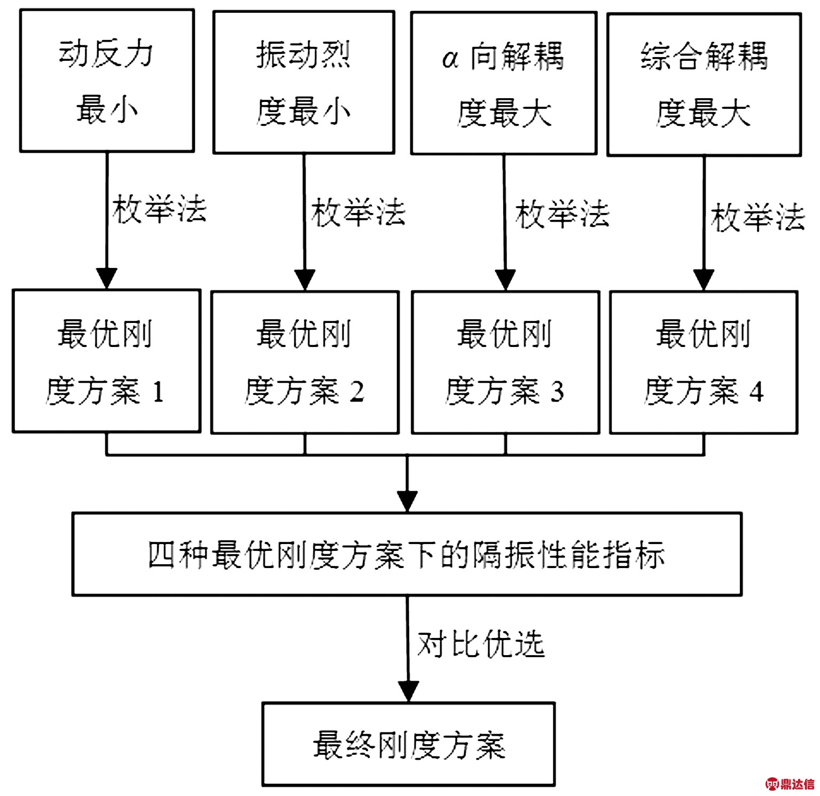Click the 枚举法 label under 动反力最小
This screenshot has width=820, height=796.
click(x=159, y=209)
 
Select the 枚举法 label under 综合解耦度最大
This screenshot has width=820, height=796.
click(x=758, y=217)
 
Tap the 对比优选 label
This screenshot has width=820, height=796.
click(x=481, y=644)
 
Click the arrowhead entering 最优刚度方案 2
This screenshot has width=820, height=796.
click(x=304, y=280)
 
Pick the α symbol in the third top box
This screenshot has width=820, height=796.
click(x=450, y=59)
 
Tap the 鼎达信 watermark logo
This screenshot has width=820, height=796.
click(x=790, y=784)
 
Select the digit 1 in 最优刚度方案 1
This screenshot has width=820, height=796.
click(x=158, y=392)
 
